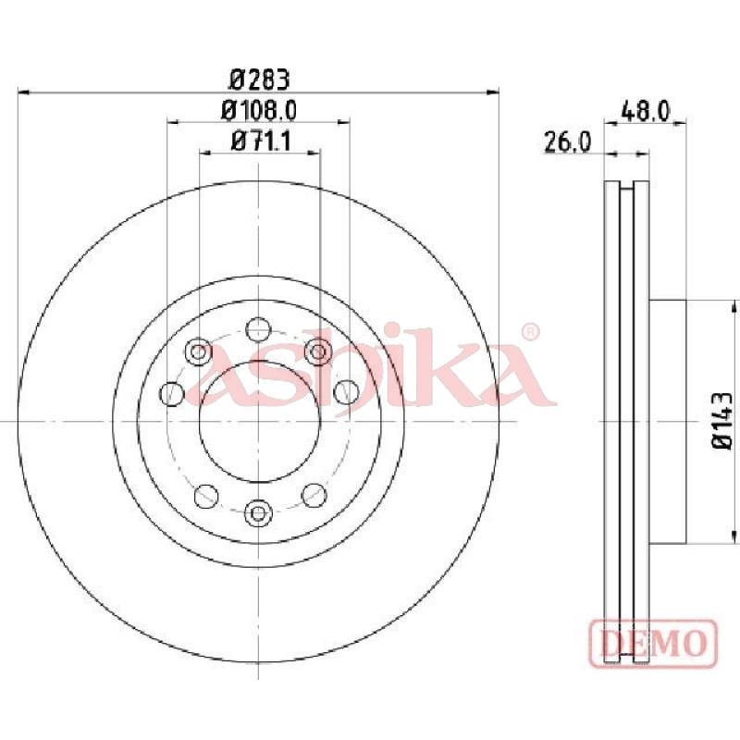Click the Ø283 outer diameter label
click(x=258, y=78)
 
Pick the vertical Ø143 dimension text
click(x=721, y=420)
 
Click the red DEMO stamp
click(x=653, y=640)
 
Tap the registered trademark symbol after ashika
click(x=531, y=331)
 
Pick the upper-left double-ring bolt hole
click(x=198, y=351)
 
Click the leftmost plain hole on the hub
click(x=172, y=392)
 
